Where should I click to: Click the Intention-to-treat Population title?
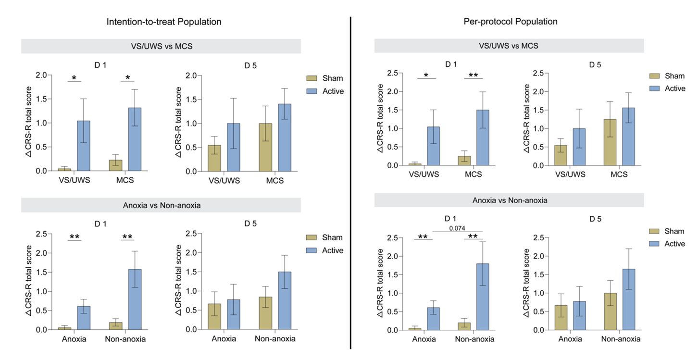click(164, 22)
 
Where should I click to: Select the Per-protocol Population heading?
click(510, 22)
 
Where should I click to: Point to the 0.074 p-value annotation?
click(457, 228)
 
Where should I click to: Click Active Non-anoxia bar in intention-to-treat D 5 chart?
click(284, 300)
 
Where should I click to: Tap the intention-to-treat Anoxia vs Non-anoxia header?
click(161, 205)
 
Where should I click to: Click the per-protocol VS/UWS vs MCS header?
click(509, 46)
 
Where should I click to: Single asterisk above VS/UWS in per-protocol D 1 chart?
click(425, 75)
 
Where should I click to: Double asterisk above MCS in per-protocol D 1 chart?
click(474, 75)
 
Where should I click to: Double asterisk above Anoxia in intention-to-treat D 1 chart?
click(75, 236)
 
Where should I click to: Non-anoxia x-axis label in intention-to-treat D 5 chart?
click(275, 339)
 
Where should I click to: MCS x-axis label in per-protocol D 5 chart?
click(619, 174)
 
